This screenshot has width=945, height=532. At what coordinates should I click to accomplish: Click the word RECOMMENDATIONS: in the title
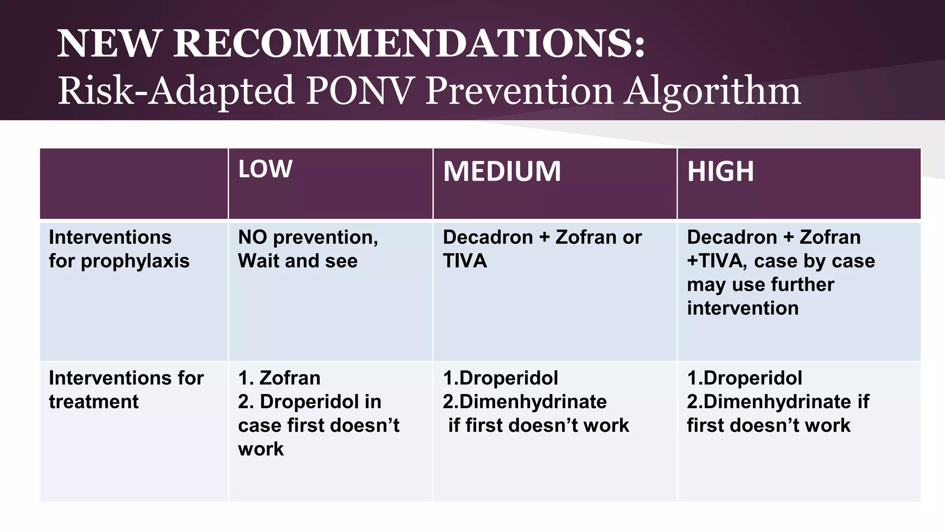[409, 43]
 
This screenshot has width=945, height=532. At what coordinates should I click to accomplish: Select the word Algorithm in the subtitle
[712, 91]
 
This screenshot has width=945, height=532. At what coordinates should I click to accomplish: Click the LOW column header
[265, 169]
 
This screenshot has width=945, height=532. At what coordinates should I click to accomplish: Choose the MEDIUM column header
[502, 171]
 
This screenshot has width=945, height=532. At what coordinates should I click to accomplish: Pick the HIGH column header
[720, 171]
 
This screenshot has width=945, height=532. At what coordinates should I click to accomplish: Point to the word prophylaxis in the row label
[135, 261]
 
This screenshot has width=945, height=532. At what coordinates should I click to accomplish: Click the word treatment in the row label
[94, 402]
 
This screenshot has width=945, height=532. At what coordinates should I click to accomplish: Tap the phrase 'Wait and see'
[298, 261]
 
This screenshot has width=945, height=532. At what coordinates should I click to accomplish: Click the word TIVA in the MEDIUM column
[465, 261]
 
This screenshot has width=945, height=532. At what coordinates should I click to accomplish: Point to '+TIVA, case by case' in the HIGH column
[781, 261]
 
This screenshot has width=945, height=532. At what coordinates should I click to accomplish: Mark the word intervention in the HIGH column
[742, 308]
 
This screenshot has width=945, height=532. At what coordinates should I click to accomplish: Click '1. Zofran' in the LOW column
[279, 378]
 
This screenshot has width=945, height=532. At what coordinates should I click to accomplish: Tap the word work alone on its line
[261, 449]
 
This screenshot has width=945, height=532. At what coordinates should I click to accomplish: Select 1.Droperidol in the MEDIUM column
[500, 378]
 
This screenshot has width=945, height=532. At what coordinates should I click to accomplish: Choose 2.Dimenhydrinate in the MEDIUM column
[525, 402]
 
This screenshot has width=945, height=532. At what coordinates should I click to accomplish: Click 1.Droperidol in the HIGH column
[744, 378]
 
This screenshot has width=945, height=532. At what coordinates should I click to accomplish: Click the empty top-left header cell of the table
[134, 183]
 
